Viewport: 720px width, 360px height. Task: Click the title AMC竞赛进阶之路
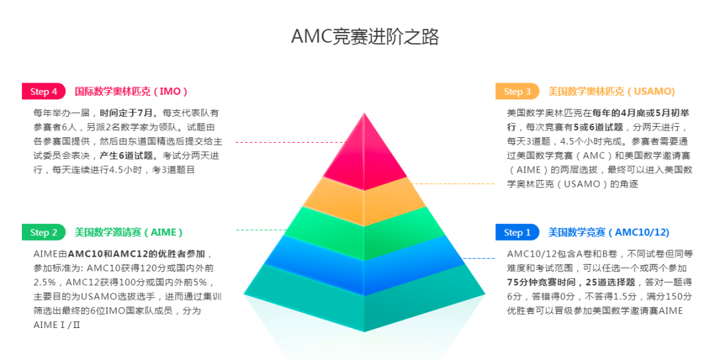365,36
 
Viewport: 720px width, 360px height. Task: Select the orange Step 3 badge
517,91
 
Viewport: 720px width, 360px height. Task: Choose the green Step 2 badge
44,232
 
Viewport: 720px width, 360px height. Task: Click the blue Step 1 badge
517,232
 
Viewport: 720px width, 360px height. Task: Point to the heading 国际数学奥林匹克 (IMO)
131,91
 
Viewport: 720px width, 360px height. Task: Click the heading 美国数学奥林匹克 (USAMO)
611,91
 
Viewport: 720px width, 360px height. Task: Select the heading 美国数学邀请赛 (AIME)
129,232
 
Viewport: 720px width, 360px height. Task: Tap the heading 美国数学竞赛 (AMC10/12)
609,232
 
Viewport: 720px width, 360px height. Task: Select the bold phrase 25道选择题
611,282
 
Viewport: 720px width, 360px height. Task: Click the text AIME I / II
57,325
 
